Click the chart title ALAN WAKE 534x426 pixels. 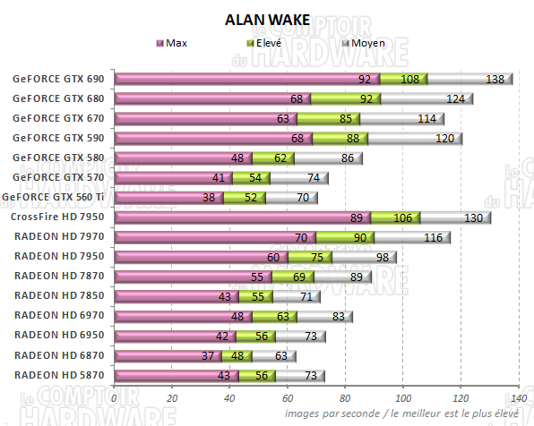point(267,21)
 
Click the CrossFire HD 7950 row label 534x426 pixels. point(57,217)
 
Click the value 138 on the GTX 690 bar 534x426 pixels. point(495,80)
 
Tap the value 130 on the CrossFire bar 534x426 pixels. point(473,217)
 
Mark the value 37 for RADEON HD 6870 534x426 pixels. point(207,355)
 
